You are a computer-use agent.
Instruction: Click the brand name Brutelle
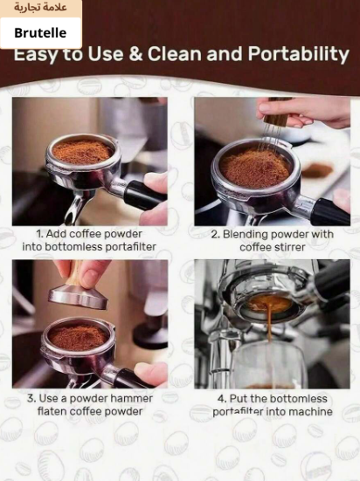(x=40, y=33)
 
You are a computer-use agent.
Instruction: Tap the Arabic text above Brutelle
(x=40, y=7)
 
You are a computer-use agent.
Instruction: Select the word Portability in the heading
(x=298, y=54)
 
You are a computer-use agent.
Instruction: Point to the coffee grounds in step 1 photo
(x=82, y=152)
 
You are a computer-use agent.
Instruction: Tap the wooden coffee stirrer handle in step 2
(x=272, y=115)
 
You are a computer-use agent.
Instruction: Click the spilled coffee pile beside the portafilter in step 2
(x=317, y=170)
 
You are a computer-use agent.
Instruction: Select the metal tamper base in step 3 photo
(x=79, y=298)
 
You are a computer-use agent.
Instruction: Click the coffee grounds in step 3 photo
(x=79, y=337)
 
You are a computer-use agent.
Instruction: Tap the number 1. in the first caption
(x=40, y=234)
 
